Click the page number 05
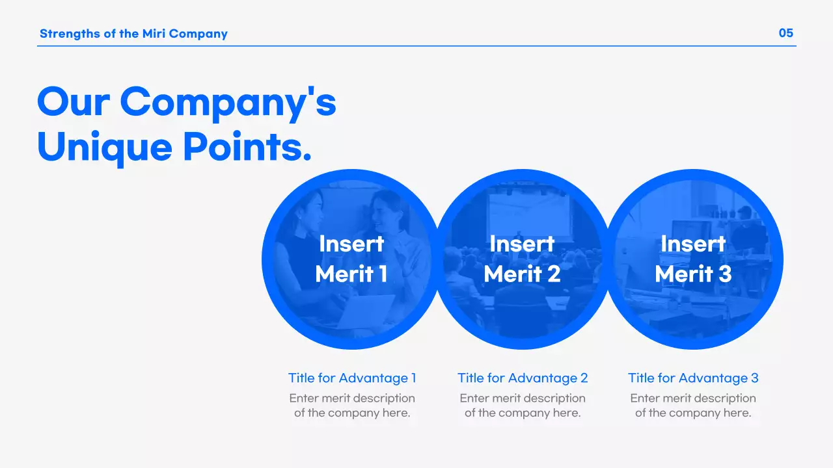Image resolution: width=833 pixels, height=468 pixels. [x=786, y=33]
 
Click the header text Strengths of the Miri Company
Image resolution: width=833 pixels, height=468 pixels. [x=133, y=34]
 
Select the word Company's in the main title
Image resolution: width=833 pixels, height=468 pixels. [x=228, y=103]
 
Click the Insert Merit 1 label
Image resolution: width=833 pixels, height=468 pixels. [x=351, y=259]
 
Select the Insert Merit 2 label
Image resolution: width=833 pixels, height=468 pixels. [x=522, y=259]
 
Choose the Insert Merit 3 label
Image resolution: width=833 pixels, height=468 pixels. [x=693, y=259]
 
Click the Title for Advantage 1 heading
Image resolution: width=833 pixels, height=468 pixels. [x=352, y=378]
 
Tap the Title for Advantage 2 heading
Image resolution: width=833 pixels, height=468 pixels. [x=523, y=378]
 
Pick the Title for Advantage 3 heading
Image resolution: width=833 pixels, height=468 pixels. [x=693, y=378]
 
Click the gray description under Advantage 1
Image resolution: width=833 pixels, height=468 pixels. [x=352, y=406]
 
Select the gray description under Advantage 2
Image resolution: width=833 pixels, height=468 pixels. [x=523, y=406]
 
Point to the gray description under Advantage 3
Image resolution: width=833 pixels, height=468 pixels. [x=693, y=406]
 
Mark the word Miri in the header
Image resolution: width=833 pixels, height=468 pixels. [x=154, y=34]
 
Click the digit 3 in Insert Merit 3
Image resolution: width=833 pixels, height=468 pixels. [x=725, y=274]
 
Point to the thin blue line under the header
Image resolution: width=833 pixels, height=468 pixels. [x=416, y=46]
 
